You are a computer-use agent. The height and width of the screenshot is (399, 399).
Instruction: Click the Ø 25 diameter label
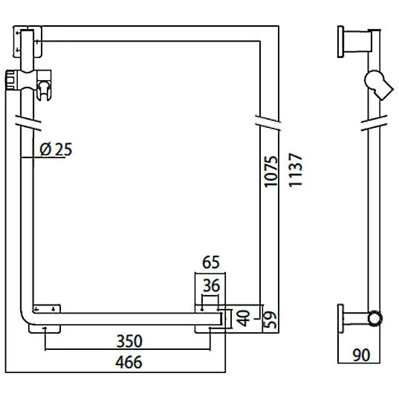(x=56, y=149)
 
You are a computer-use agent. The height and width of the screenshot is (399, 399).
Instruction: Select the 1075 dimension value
(x=271, y=172)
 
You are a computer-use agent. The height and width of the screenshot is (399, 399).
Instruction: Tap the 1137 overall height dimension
(x=296, y=172)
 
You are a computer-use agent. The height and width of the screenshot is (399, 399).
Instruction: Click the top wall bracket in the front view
(x=29, y=42)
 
